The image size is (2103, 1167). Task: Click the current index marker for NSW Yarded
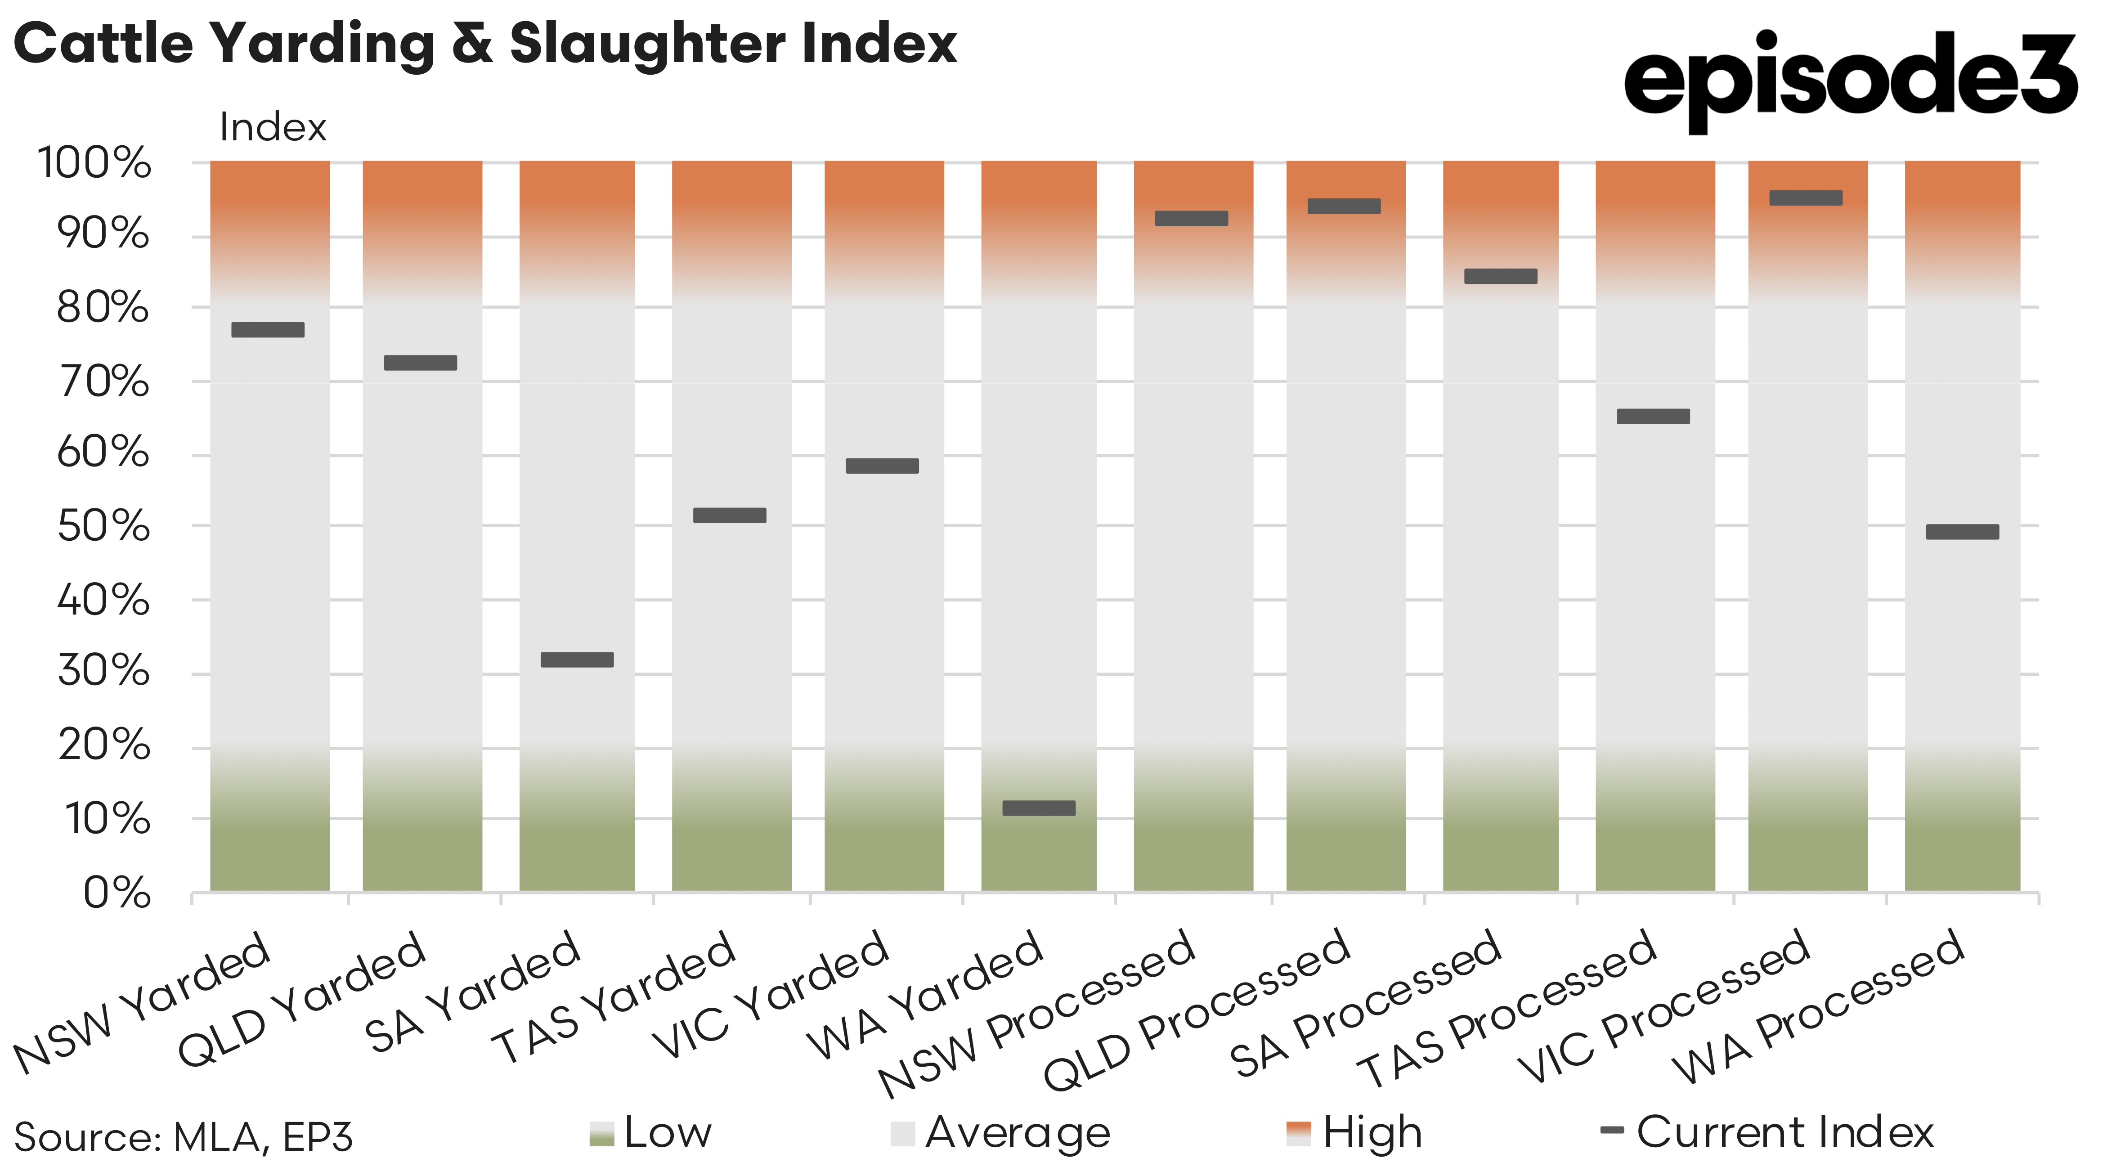coord(268,330)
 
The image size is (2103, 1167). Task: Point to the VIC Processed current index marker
coord(1806,197)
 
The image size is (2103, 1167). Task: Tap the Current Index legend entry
coord(1767,1133)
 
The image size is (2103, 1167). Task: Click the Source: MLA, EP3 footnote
coord(184,1137)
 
